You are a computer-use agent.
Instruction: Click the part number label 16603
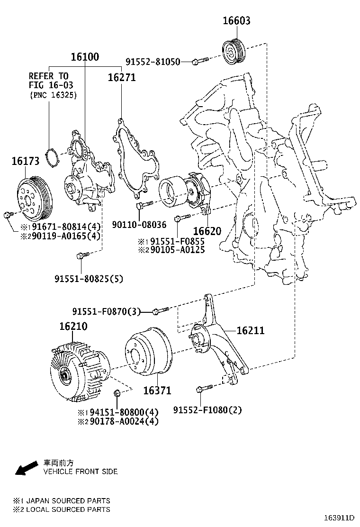(x=236, y=21)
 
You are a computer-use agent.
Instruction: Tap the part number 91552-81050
(x=153, y=62)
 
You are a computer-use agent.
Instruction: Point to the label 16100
(x=85, y=57)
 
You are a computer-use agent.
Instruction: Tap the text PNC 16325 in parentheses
(x=53, y=95)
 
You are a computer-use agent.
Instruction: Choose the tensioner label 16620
(x=207, y=231)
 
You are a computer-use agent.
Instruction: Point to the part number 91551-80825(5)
(x=88, y=279)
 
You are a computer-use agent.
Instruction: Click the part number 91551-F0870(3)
(x=107, y=311)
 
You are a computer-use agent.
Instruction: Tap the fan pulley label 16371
(x=157, y=391)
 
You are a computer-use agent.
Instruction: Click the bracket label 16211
(x=250, y=331)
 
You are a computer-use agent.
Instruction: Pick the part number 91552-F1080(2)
(x=207, y=410)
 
